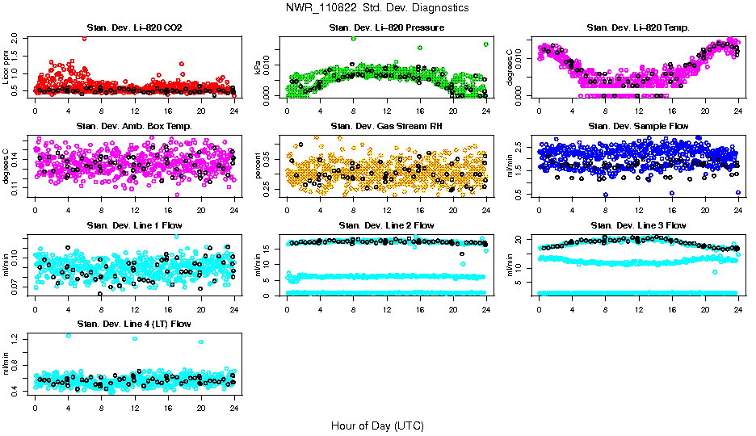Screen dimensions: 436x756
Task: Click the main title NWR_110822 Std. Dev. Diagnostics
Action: [x=377, y=8]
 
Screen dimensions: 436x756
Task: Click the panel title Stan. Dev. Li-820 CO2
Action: [x=134, y=28]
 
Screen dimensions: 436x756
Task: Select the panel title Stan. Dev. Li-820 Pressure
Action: [x=386, y=28]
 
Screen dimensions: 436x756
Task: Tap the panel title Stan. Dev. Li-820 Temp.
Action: [x=638, y=28]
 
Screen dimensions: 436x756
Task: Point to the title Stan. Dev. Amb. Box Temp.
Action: [x=134, y=127]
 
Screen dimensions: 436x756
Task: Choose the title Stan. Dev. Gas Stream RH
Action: [x=386, y=127]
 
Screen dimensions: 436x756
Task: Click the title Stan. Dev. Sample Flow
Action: [x=638, y=127]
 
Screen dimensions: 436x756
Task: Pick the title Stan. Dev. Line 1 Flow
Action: [x=134, y=225]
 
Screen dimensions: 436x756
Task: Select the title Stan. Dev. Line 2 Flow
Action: [x=386, y=225]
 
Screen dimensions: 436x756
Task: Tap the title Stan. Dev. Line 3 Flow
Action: [x=638, y=225]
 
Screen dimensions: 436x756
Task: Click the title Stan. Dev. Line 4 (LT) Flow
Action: [x=134, y=324]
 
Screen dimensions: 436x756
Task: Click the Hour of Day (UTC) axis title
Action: [x=377, y=426]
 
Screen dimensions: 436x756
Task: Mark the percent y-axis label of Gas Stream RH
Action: [x=259, y=166]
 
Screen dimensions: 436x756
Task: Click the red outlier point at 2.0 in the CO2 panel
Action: [x=84, y=39]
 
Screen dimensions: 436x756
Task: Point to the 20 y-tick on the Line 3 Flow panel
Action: [x=521, y=239]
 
